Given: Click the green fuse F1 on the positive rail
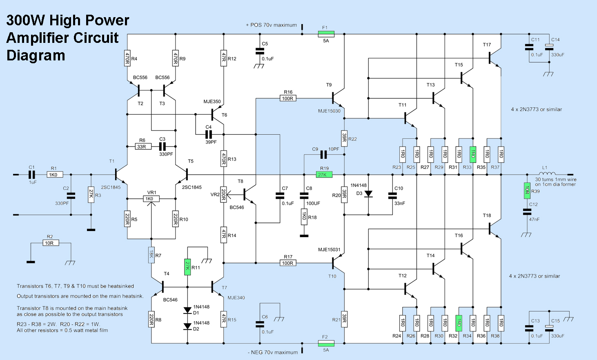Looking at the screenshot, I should [x=326, y=34].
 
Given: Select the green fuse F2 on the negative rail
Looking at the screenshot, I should [x=326, y=343].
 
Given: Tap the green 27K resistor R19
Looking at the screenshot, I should [x=324, y=174].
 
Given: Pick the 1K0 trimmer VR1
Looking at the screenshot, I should [x=151, y=199].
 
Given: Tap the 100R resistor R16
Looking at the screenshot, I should [x=288, y=98].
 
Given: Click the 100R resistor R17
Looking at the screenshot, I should [x=288, y=263].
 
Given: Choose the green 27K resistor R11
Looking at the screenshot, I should [x=187, y=267].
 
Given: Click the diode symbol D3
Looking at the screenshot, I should [x=368, y=193].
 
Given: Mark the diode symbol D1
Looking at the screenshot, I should [x=187, y=310].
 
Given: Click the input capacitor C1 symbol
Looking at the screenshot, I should [x=32, y=174].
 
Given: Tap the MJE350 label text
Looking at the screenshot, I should [x=212, y=102].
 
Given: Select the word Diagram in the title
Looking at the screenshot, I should [x=36, y=55].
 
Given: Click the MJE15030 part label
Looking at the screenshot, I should [x=329, y=111].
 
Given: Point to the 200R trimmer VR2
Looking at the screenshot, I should [x=224, y=194].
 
